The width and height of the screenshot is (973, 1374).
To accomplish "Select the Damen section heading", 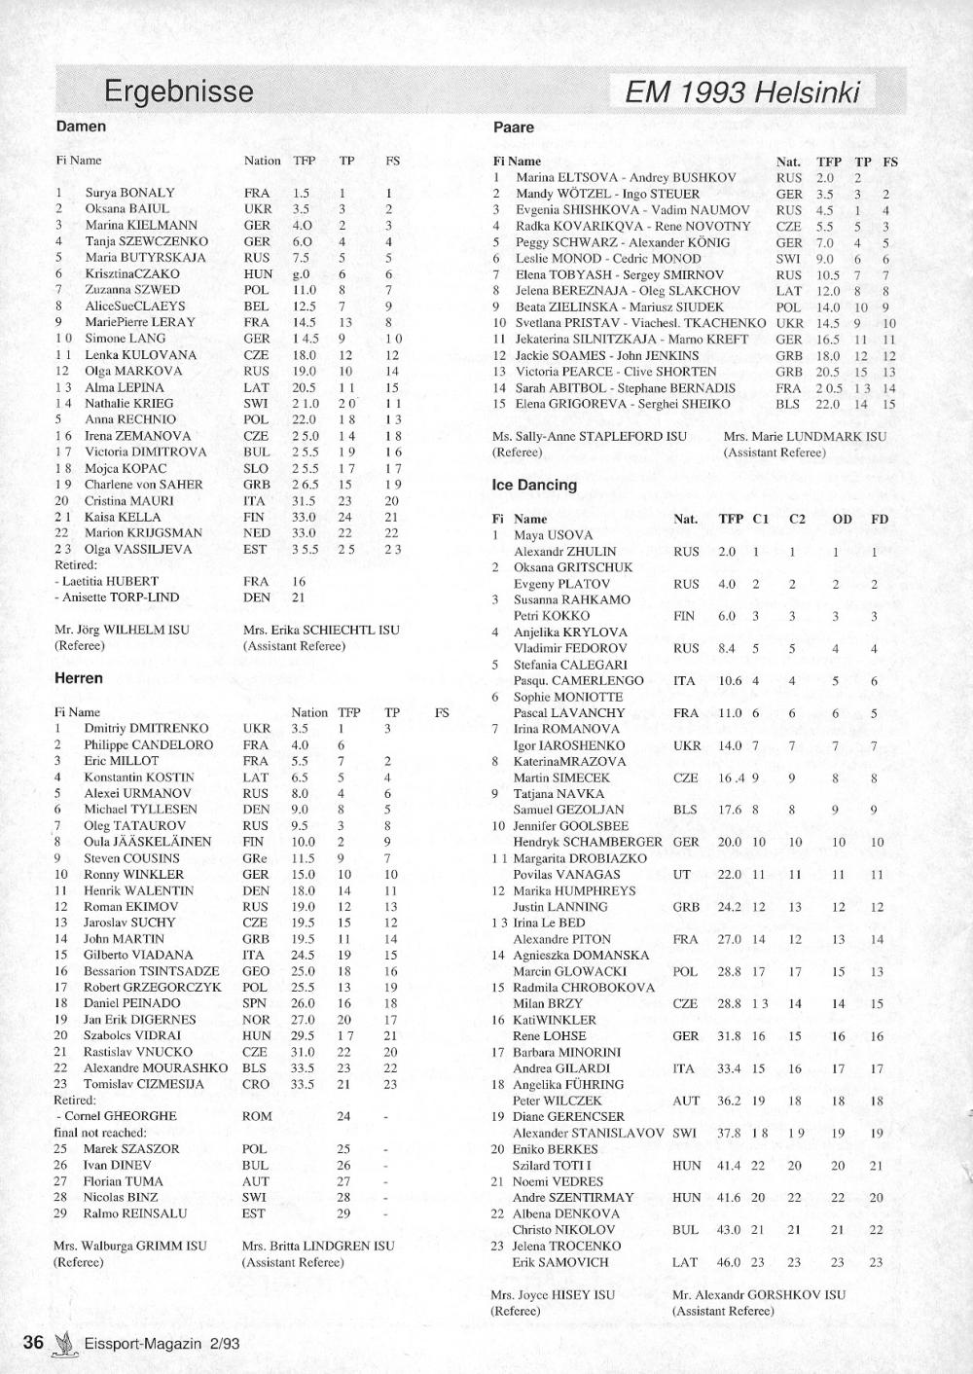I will pos(81,127).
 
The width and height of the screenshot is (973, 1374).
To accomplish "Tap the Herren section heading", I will pos(78,678).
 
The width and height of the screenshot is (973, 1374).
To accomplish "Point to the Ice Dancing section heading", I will pos(534,485).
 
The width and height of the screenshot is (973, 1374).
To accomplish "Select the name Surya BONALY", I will pos(129,193).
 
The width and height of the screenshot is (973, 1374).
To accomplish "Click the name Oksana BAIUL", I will pos(126,208).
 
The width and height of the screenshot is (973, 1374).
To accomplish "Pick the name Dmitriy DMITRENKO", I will pos(146,728).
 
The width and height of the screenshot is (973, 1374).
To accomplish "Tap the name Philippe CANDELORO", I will pos(148,744).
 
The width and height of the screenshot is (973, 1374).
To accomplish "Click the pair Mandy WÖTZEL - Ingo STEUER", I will pos(607,194).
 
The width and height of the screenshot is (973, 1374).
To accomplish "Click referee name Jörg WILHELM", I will pos(122,630).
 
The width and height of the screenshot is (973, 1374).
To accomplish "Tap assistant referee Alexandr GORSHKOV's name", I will pos(758,1294).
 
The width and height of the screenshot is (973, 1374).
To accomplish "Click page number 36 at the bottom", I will pos(33,1342).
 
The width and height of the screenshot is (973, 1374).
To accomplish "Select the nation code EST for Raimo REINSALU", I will pos(253,1213).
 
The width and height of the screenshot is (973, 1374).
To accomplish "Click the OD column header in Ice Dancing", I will pos(842,519).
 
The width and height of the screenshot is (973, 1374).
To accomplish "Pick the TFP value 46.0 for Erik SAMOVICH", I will pos(728,1262).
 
